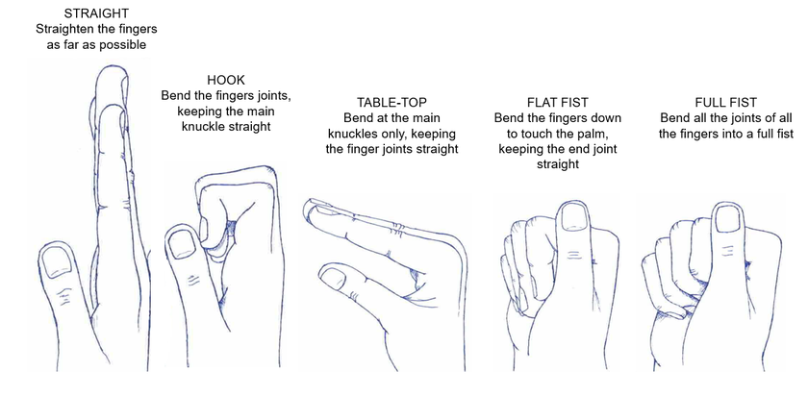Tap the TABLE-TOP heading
pyautogui.click(x=391, y=101)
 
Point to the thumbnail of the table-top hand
pyautogui.click(x=333, y=279)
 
